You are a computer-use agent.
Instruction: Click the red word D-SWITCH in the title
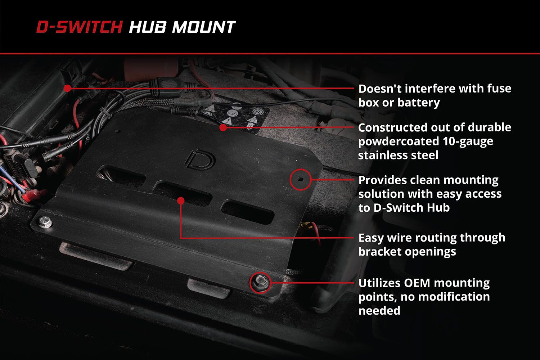[80, 27]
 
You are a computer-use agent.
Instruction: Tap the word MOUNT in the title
[204, 27]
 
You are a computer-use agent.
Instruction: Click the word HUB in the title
[148, 27]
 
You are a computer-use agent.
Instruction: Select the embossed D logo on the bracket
[201, 159]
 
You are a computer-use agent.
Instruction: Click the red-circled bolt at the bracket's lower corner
[260, 282]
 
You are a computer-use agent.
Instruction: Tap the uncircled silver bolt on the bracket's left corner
[45, 222]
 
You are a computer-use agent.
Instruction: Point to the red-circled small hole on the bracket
[300, 179]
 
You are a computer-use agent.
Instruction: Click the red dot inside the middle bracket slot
[181, 201]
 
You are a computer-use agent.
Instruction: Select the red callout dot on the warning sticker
[223, 127]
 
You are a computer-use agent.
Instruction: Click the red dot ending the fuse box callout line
[68, 88]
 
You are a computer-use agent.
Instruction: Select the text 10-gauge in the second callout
[468, 141]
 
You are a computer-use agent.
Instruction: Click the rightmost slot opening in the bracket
[248, 212]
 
